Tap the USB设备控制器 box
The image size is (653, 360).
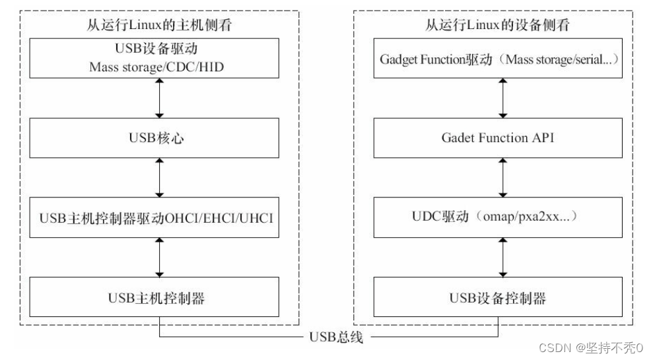pyautogui.click(x=498, y=298)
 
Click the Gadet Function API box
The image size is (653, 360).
pyautogui.click(x=498, y=139)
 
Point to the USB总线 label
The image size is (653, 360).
pyautogui.click(x=335, y=337)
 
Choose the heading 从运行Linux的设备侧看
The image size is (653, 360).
pyautogui.click(x=498, y=26)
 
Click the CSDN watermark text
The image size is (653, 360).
pyautogui.click(x=591, y=347)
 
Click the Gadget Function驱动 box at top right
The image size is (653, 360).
pyautogui.click(x=498, y=59)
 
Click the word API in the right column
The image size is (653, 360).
pyautogui.click(x=545, y=139)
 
